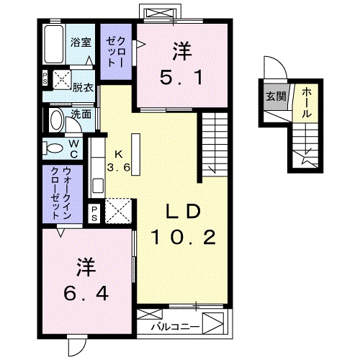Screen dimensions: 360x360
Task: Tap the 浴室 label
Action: coord(80,42)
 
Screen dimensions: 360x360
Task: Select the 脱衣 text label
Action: coord(82,88)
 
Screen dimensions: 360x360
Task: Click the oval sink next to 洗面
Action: coord(56,119)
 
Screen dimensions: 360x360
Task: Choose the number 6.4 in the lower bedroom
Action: coord(84,293)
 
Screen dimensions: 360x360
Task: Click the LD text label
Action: coord(183,212)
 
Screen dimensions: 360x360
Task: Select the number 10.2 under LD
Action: coord(184,238)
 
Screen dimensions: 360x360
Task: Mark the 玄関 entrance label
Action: coord(272,96)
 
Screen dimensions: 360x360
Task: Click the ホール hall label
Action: coord(307,102)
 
